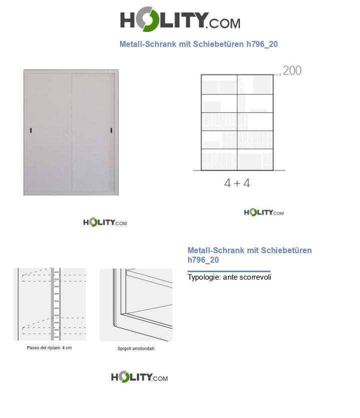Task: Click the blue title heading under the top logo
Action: [198, 44]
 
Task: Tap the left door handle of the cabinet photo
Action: [31, 130]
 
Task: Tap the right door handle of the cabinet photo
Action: [110, 130]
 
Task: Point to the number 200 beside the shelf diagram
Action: [292, 71]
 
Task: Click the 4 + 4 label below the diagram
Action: [237, 183]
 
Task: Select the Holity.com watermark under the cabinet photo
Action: [105, 222]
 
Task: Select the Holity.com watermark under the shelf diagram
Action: [263, 212]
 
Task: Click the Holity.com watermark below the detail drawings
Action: [139, 377]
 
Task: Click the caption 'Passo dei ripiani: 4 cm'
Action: [49, 348]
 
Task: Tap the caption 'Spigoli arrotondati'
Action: [136, 349]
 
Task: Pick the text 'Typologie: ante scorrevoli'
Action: [229, 277]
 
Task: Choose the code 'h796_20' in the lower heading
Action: [203, 260]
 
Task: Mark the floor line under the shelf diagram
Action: [239, 171]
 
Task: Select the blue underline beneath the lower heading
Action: [228, 271]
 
